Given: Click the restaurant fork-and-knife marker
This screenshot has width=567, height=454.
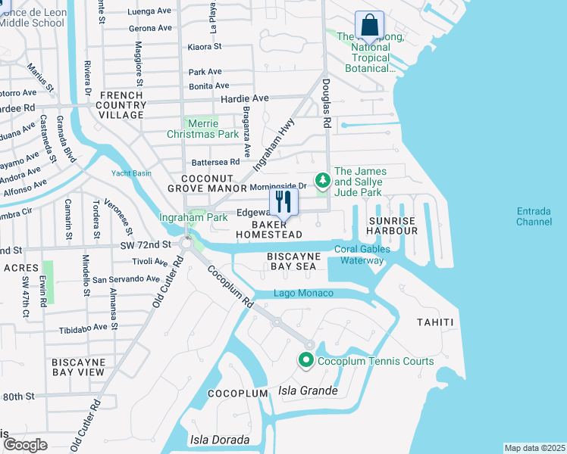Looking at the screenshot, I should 283,202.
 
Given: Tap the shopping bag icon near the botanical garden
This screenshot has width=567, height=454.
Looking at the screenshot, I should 368,25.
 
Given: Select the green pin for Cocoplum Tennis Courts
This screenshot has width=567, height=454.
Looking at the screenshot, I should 306,361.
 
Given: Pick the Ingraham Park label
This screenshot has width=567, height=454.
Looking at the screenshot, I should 193,218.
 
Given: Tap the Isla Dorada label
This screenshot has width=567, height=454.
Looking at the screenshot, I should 219,440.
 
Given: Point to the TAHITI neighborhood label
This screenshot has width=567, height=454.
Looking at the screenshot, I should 435,322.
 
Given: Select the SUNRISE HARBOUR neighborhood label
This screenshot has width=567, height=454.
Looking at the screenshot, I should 392,225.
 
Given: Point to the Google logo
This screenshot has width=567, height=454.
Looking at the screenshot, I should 25,445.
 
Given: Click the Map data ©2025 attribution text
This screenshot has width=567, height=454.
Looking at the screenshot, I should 534,448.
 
